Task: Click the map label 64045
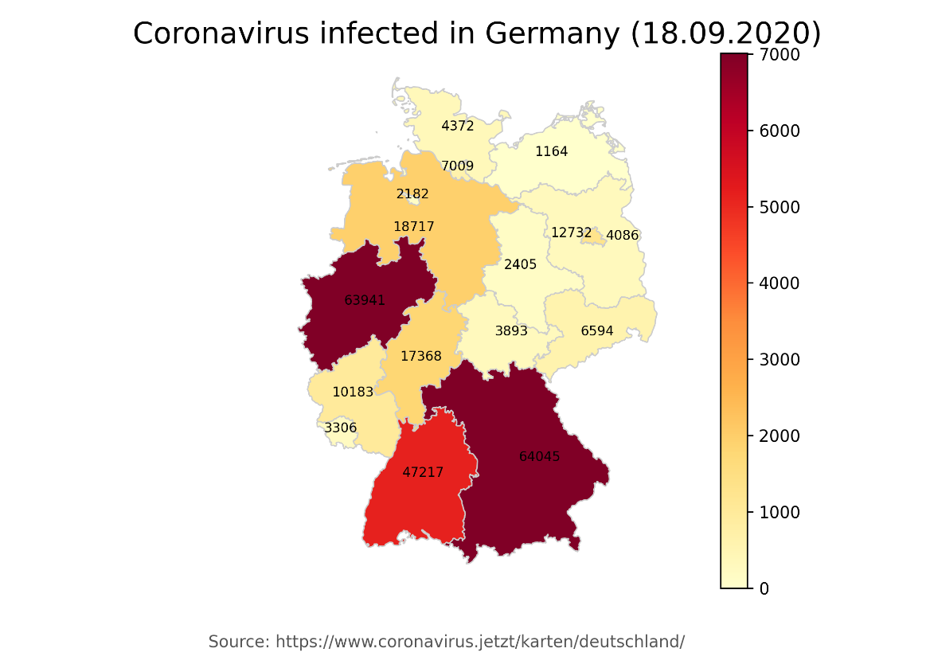(x=539, y=457)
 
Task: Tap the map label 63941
(x=365, y=301)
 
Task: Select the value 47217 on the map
(x=423, y=472)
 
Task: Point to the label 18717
(x=414, y=227)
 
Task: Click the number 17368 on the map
(x=420, y=357)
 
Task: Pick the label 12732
(x=571, y=233)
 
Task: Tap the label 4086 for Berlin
(x=622, y=236)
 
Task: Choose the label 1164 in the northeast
(x=551, y=151)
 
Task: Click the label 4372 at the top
(x=457, y=126)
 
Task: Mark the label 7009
(x=457, y=166)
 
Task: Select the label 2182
(x=412, y=194)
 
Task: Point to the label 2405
(x=520, y=264)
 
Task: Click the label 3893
(x=511, y=331)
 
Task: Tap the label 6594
(x=597, y=331)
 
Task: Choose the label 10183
(x=353, y=392)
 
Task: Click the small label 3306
(x=340, y=428)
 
